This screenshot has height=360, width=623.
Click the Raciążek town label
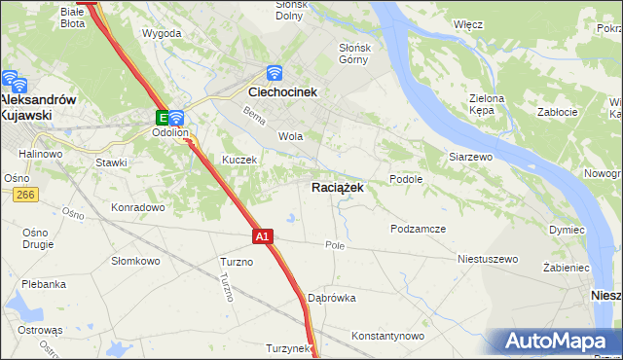point(338,188)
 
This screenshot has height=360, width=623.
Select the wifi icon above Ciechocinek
point(275,73)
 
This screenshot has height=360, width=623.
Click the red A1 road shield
point(263,235)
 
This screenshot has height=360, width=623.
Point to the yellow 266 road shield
point(25,196)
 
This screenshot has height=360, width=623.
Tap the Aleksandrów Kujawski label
point(39,107)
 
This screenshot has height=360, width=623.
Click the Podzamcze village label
point(418,229)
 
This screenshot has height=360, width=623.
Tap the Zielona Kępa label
point(486,105)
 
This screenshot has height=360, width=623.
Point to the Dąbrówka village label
point(332,298)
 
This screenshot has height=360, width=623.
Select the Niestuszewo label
point(488,260)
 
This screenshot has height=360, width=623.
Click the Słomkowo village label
point(135,261)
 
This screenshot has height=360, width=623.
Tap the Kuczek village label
point(238,160)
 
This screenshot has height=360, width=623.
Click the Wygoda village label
point(162,33)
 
